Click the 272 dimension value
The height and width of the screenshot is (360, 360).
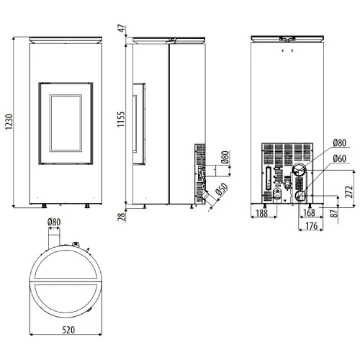[349, 192]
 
